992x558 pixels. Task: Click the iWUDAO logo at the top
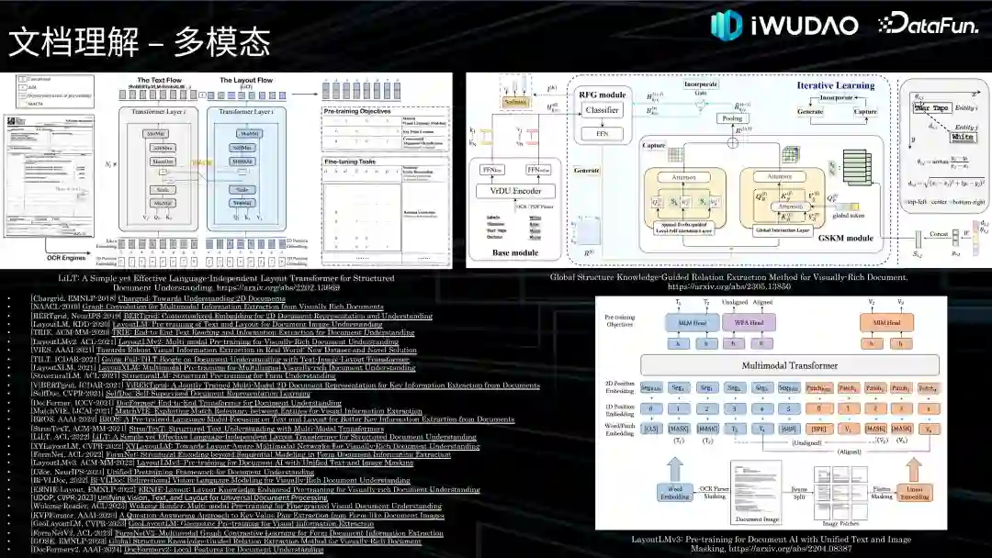click(784, 25)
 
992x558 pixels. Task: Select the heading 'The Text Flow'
click(159, 81)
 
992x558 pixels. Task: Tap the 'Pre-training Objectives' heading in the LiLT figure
click(363, 110)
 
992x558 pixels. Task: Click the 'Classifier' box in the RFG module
click(603, 110)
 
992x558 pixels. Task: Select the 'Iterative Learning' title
click(834, 85)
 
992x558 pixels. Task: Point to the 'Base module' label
click(515, 251)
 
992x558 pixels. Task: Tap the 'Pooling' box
click(733, 119)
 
